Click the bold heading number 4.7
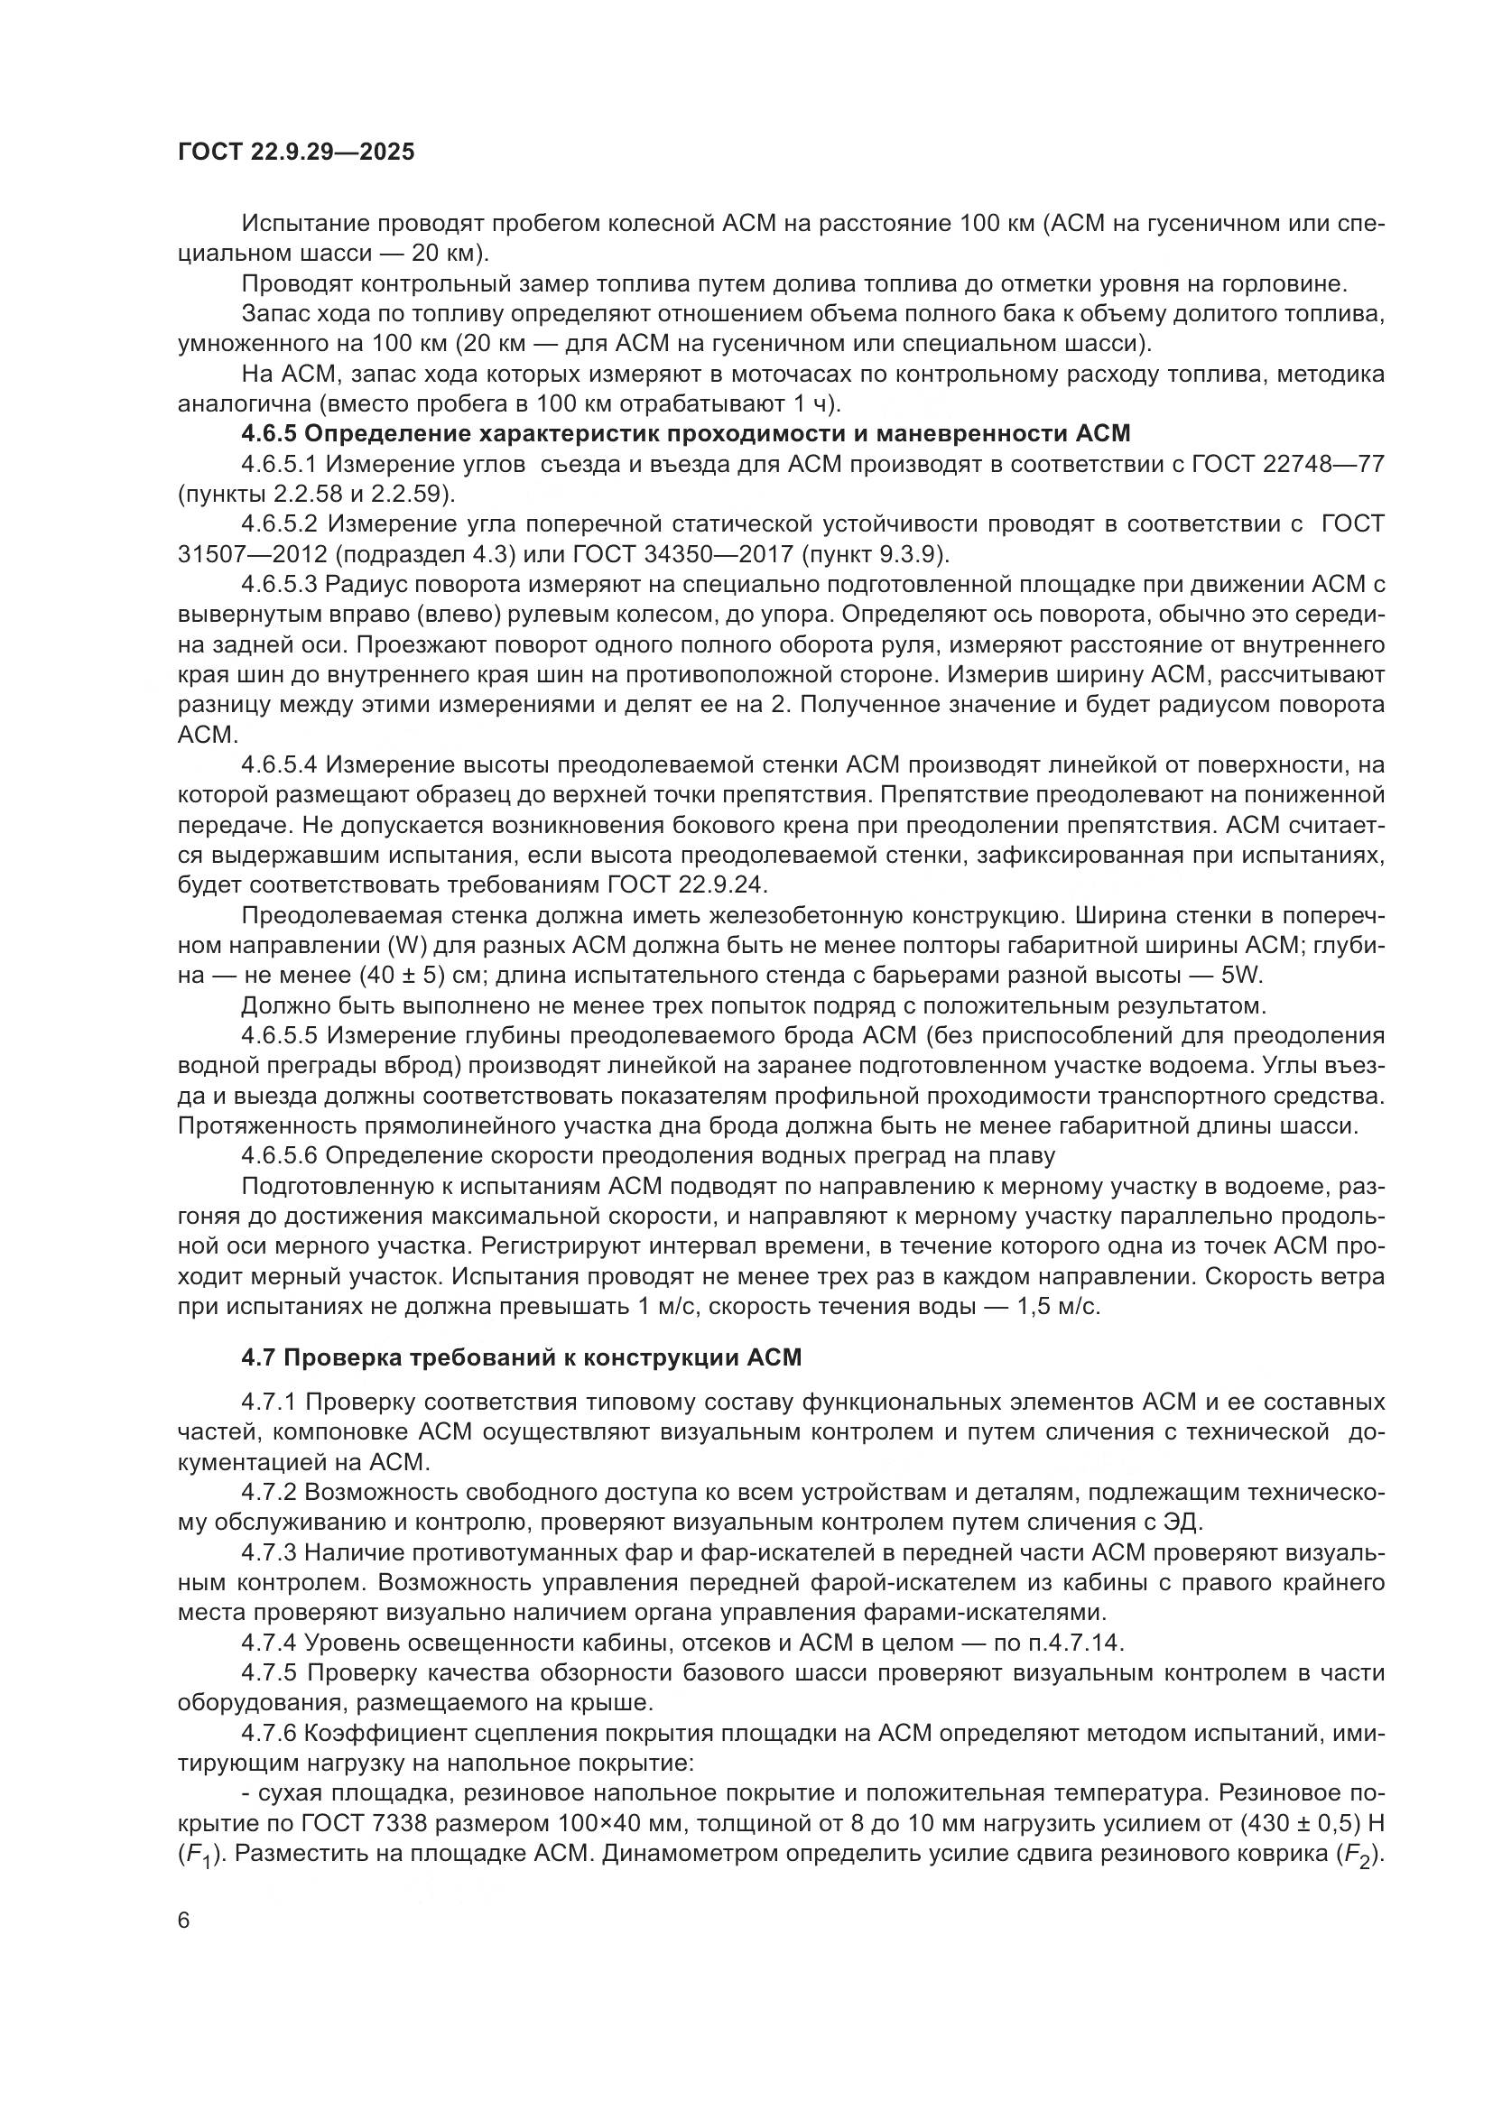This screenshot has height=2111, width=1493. pyautogui.click(x=258, y=1357)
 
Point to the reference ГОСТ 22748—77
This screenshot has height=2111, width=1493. pyautogui.click(x=1287, y=463)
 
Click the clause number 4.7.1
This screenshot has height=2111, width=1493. pyautogui.click(x=268, y=1403)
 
